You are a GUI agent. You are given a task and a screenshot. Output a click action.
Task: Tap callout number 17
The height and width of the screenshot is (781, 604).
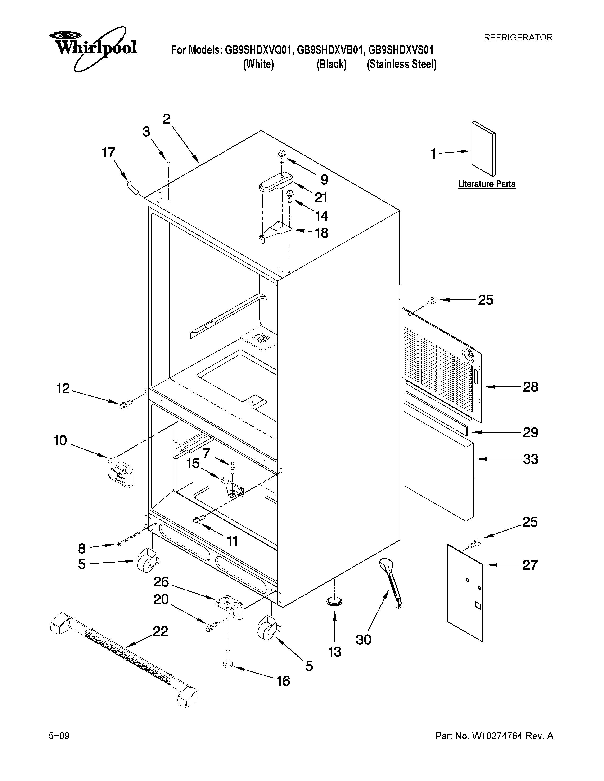point(108,153)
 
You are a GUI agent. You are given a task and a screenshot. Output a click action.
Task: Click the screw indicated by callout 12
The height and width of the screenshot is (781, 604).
point(126,404)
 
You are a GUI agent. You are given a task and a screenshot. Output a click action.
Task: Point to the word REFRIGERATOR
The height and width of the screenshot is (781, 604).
point(518,37)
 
